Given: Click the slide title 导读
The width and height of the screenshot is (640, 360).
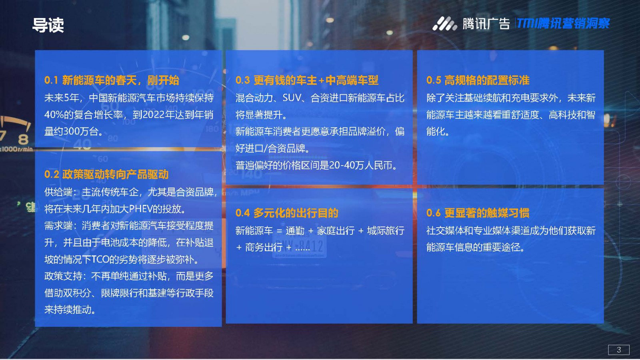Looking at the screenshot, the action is tap(48, 25).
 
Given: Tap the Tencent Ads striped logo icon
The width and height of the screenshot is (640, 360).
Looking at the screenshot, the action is tap(444, 24).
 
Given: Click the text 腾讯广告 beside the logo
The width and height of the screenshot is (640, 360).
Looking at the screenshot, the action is tap(486, 24).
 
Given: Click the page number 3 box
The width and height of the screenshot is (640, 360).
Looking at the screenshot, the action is tap(618, 350).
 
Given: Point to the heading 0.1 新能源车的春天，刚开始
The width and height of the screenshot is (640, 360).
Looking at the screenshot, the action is tap(112, 80).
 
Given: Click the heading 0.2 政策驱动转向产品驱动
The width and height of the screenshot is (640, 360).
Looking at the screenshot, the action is tap(106, 174).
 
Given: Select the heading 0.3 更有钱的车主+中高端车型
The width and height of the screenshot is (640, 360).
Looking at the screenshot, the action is tap(307, 80).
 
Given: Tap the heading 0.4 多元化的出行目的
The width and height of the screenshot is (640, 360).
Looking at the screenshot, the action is tap(287, 213).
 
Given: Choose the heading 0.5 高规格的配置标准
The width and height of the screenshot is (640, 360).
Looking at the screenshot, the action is tap(478, 80).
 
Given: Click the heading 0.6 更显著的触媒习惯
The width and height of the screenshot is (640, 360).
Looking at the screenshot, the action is tap(478, 213).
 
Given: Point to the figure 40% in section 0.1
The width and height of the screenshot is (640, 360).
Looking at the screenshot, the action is tap(54, 115).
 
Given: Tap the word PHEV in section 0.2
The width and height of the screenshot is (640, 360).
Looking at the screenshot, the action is tap(140, 209).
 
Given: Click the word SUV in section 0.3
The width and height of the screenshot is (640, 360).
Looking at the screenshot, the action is tap(292, 98).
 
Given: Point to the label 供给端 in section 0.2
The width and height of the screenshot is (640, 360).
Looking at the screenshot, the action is tap(58, 192).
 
